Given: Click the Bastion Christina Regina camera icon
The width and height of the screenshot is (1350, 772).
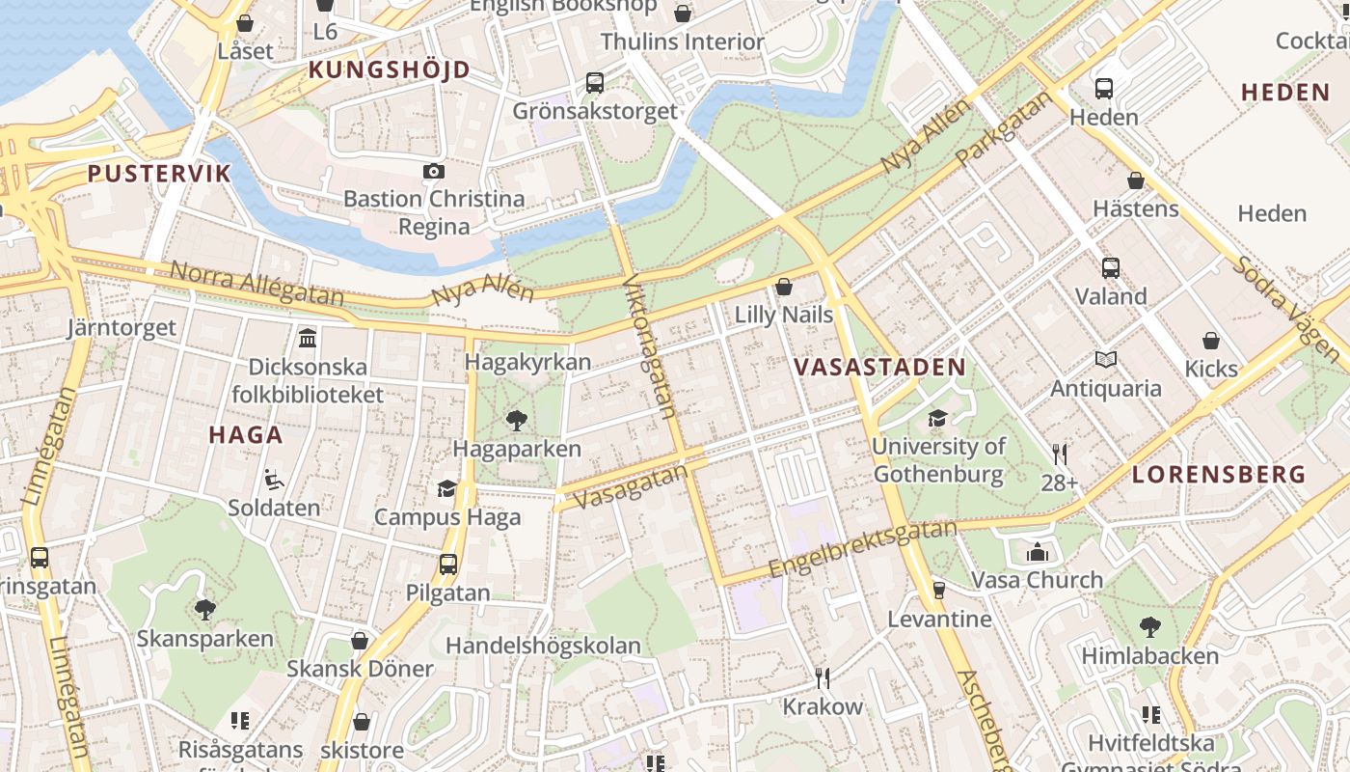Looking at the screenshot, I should pos(434,171).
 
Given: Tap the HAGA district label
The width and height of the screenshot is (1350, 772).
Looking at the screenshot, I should pos(246,434).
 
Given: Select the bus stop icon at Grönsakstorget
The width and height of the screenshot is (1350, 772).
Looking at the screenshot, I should pos(595,83).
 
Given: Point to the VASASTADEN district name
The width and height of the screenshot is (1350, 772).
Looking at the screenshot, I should pos(879,367).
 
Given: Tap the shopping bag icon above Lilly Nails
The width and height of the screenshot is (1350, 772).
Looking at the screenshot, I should pos(784,287).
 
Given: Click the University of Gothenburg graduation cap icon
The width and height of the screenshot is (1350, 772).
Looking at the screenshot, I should pos(937,418).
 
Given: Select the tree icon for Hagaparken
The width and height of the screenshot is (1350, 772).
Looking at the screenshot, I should pos(517,420).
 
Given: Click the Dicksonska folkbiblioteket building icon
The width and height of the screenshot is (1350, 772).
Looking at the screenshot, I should pos(308,338).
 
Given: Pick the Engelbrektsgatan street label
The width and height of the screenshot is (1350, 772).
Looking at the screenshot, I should pos(862,550).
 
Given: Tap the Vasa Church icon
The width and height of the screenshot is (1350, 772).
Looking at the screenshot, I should pos(1038,552).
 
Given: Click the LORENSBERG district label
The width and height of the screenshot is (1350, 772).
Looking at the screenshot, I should pos(1219,475).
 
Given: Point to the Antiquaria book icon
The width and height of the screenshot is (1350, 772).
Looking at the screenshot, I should pos(1106,360).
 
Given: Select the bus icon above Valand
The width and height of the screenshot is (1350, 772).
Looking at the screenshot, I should pos(1111,267).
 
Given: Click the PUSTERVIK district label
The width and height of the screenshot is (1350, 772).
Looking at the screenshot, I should pos(159,174).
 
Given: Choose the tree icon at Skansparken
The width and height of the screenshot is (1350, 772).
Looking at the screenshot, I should pos(204,609).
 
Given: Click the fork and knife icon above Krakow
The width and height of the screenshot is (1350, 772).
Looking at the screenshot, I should pos(823,677).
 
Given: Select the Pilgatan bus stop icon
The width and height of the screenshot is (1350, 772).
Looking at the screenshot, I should pos(448,565).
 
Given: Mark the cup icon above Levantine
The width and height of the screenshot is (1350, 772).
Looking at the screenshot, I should pos(938,590).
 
